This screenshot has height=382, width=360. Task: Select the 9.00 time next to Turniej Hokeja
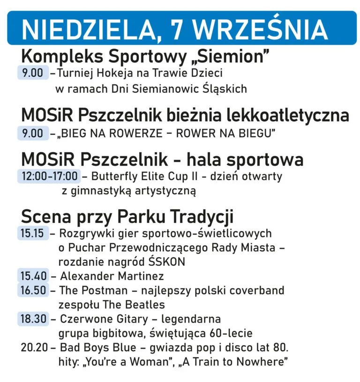coord(32,73)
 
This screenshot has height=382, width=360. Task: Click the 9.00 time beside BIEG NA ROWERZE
coord(32,133)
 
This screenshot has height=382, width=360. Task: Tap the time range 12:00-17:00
coord(48,176)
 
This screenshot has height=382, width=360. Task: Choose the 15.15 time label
coord(33,233)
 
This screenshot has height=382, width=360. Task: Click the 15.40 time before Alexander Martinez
coord(33,276)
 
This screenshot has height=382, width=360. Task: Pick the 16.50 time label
coord(33,290)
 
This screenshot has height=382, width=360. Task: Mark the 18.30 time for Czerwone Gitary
coord(33,319)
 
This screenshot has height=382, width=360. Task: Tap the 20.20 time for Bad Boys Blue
coord(33,348)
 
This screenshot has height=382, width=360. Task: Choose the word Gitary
coord(133,319)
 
